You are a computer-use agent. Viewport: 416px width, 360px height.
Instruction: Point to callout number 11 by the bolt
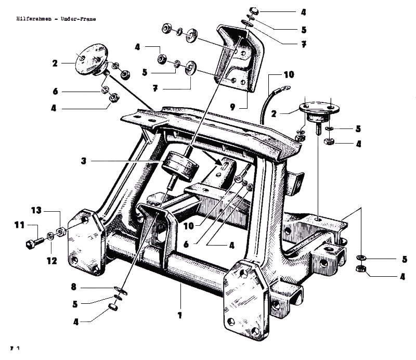click(x=19, y=225)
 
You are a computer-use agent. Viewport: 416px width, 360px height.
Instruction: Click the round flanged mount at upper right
click(x=318, y=110)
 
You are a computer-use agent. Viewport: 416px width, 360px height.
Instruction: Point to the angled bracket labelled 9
click(x=237, y=57)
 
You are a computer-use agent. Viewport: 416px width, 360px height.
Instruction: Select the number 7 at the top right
click(x=303, y=44)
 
